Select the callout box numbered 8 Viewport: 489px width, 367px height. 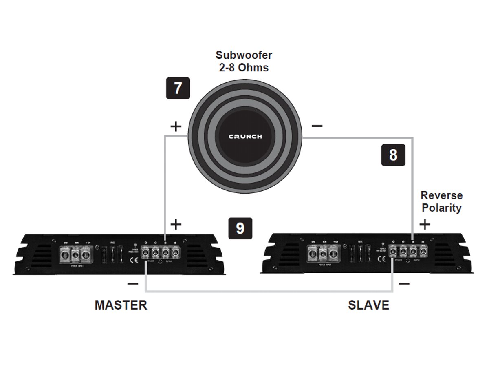393,155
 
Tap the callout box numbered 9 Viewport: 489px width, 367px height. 240,228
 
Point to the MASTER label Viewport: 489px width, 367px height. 121,305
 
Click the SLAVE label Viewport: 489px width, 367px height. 368,305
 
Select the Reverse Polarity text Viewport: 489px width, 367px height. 441,201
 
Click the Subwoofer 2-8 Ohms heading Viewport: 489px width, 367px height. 244,61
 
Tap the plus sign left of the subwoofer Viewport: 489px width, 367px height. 176,126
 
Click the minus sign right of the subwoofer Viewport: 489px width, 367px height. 317,126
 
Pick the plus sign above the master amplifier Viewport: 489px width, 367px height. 176,224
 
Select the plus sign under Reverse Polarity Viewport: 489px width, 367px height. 425,224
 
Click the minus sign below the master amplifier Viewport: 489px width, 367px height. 132,283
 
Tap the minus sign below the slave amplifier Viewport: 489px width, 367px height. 404,283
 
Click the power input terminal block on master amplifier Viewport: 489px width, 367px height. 75,255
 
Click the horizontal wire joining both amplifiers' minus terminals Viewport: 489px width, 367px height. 269,292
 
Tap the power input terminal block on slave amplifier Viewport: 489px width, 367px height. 323,254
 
